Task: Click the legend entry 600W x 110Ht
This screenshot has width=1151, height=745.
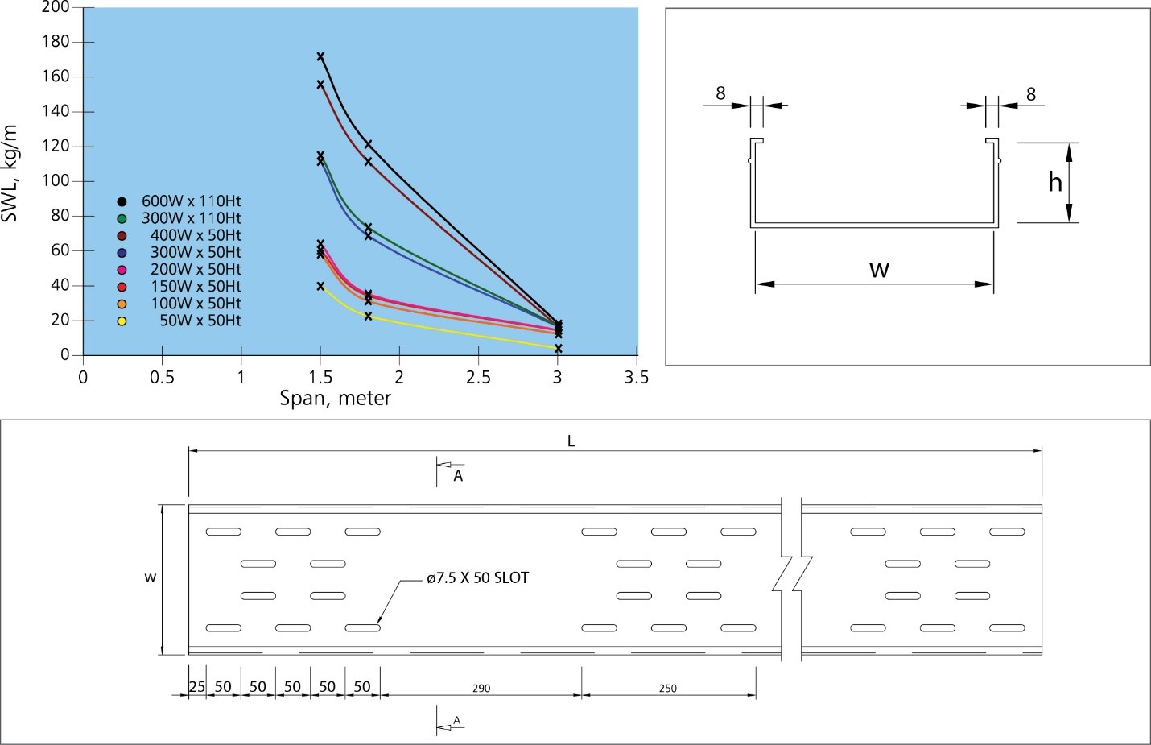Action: point(191,201)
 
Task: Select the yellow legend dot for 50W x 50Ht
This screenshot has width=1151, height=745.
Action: point(122,321)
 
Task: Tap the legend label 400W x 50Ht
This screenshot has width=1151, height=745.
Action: point(196,235)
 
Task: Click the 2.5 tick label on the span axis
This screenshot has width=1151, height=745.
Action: point(478,378)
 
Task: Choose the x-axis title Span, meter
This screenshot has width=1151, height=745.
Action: point(335,398)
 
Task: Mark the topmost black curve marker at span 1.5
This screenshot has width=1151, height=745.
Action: point(320,56)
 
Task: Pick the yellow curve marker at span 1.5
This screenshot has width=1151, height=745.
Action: point(320,286)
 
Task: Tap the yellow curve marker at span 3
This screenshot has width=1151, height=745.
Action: point(558,348)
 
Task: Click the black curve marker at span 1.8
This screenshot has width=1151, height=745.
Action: point(368,144)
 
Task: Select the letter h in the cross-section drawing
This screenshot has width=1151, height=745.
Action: point(1055,183)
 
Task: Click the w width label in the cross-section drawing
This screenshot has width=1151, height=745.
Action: point(879,269)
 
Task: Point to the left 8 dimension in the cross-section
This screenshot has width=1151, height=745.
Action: point(720,93)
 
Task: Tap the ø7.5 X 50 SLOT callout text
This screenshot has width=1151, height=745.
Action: point(477,577)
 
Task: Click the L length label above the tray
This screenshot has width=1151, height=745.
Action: point(571,441)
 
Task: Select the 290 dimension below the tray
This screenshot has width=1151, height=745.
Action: point(481,688)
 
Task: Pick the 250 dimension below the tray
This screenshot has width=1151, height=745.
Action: point(667,688)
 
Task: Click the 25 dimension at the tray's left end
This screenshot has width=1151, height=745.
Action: point(197,687)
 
